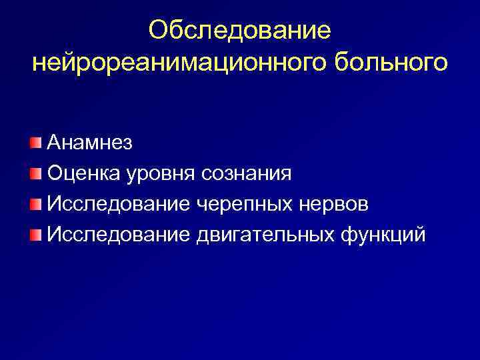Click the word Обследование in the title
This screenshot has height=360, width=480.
(x=240, y=30)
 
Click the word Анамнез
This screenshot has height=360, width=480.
(x=90, y=143)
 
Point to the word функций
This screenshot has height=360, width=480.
(x=379, y=236)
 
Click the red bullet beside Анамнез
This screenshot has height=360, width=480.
(x=35, y=143)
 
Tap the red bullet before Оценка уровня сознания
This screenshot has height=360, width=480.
(x=35, y=173)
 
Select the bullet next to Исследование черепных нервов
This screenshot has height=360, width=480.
(x=35, y=204)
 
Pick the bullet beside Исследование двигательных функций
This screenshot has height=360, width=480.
(x=35, y=235)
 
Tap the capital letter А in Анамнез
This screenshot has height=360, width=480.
(x=55, y=143)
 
